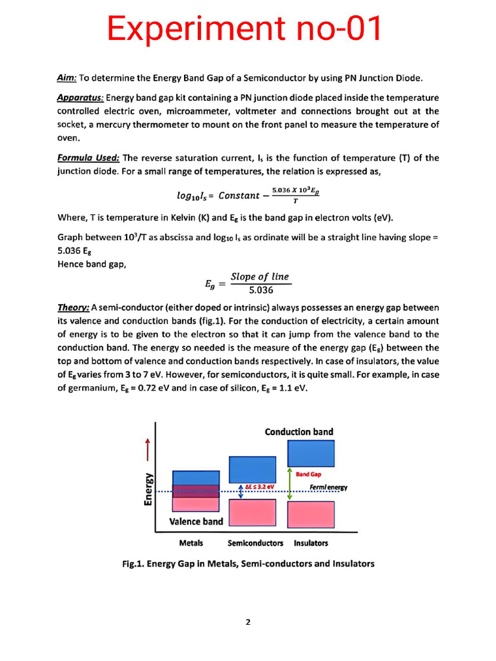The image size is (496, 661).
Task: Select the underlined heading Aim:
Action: coord(67,78)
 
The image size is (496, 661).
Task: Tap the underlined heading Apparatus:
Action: coord(80,97)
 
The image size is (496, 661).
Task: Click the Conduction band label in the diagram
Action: coord(299,431)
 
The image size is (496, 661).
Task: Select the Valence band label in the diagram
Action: coord(196,521)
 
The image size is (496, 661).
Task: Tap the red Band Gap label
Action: coord(308,474)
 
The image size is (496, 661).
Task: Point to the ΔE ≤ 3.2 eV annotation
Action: coord(259,487)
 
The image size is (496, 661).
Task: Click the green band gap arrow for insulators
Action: coord(290,484)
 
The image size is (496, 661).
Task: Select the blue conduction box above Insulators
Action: coord(311,453)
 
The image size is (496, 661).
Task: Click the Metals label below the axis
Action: coord(191,543)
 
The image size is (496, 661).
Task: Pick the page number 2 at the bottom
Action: coord(247,622)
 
